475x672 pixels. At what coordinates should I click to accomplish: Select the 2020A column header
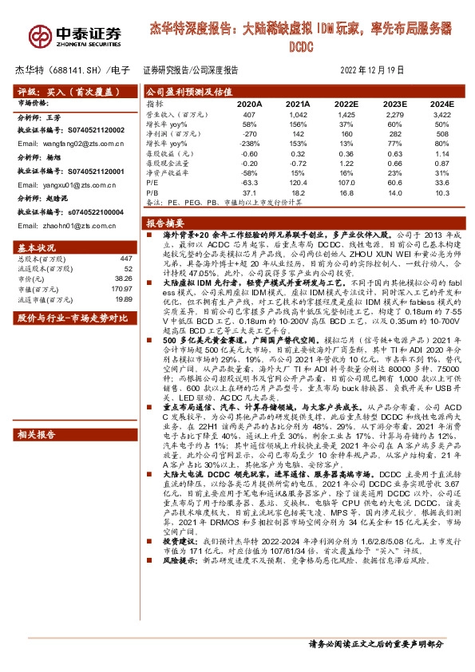pos(249,104)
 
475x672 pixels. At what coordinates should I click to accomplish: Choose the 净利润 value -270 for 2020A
pos(251,134)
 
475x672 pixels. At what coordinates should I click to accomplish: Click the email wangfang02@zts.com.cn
pos(72,143)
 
